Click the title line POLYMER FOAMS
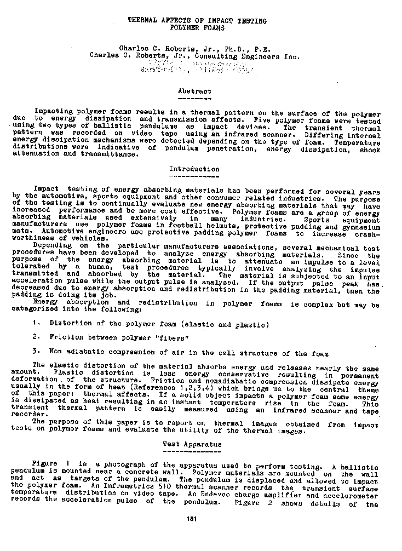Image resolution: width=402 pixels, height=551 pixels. point(197,27)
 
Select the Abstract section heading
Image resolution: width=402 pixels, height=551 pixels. point(194,91)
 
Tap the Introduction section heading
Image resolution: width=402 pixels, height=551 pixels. point(194,169)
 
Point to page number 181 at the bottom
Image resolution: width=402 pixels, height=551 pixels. point(192,519)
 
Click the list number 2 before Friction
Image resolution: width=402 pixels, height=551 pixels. point(35,337)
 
